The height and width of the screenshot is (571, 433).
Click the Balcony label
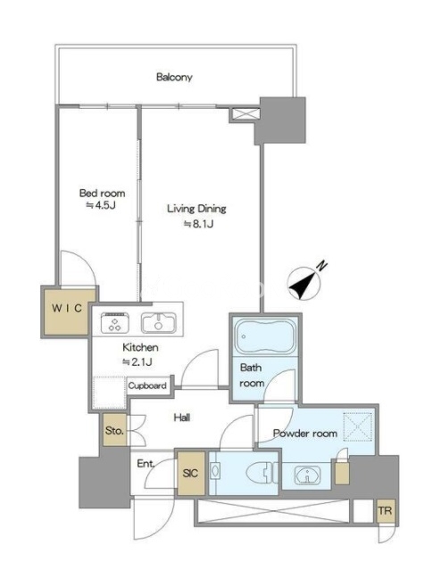(174, 78)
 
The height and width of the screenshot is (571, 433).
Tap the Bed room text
(102, 193)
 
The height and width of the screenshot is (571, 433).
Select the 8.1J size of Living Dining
(198, 224)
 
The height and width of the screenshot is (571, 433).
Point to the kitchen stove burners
(115, 322)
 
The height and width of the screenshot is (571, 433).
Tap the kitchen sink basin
(159, 322)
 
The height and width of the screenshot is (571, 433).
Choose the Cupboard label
(147, 385)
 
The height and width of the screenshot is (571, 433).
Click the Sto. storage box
(114, 430)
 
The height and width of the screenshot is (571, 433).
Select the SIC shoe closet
(191, 473)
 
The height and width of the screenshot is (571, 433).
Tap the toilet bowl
(259, 474)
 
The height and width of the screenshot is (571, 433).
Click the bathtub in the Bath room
(265, 335)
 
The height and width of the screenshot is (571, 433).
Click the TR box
(386, 510)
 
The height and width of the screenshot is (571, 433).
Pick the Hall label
(181, 418)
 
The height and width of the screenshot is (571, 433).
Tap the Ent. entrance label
(146, 464)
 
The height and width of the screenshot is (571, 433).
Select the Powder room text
(305, 434)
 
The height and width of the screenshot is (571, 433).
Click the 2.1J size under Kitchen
(137, 362)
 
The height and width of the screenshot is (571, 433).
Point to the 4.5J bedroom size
(101, 205)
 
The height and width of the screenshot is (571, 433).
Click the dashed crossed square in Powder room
(358, 426)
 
